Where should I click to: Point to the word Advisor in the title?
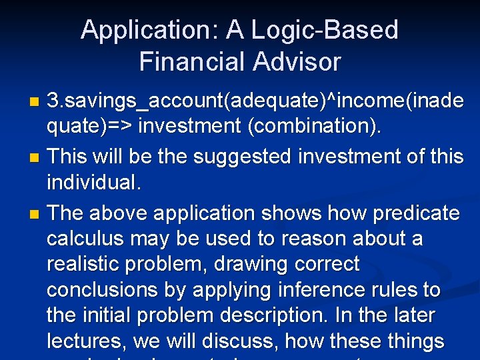(296, 62)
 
